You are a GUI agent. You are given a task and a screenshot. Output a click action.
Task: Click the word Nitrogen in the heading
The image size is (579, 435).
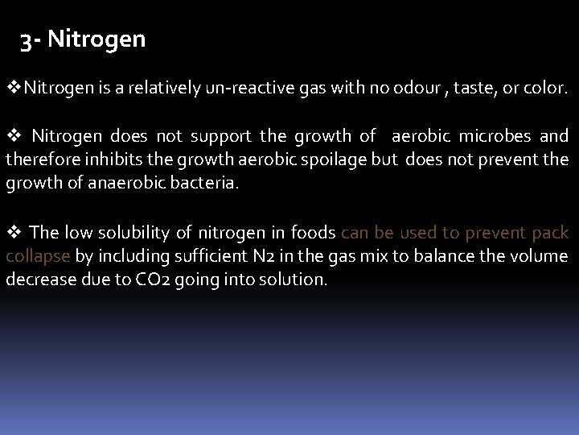tap(96, 39)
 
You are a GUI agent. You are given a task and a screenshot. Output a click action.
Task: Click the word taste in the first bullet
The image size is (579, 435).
tap(477, 86)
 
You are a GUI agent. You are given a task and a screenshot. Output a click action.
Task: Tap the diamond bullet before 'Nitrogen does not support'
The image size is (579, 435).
tap(14, 135)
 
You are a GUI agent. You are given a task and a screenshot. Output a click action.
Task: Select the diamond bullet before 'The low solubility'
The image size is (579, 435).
tap(14, 233)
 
